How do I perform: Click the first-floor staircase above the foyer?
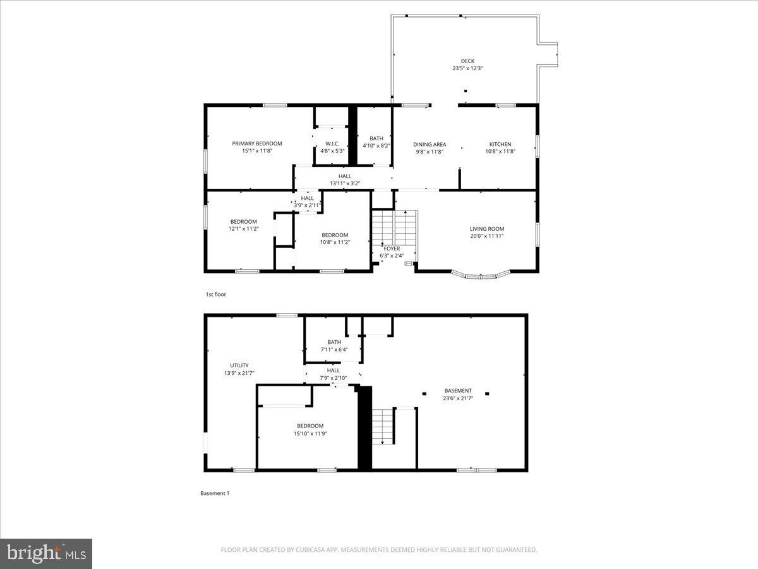pyautogui.click(x=394, y=228)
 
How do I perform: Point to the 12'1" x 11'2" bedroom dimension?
pyautogui.click(x=243, y=229)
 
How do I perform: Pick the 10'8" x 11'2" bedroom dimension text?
pyautogui.click(x=335, y=242)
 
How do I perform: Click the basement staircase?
pyautogui.click(x=383, y=426)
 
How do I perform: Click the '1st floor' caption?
pyautogui.click(x=215, y=295)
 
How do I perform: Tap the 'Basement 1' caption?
pyautogui.click(x=215, y=493)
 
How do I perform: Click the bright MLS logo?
pyautogui.click(x=46, y=553)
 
